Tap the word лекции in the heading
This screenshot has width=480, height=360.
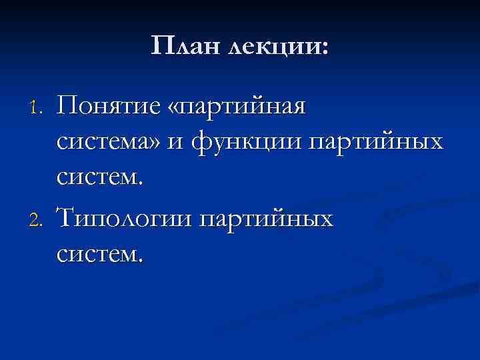(273, 48)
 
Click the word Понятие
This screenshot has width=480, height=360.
(107, 107)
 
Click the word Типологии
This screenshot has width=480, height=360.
(122, 217)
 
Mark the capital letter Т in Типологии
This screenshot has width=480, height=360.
(67, 216)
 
